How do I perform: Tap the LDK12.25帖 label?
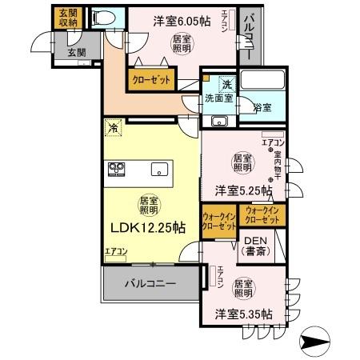[x=147, y=227]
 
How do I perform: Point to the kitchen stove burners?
[x=117, y=169]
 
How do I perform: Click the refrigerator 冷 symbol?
[x=114, y=127]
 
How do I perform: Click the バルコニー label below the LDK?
[x=150, y=283]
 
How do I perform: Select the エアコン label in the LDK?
[x=115, y=252]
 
